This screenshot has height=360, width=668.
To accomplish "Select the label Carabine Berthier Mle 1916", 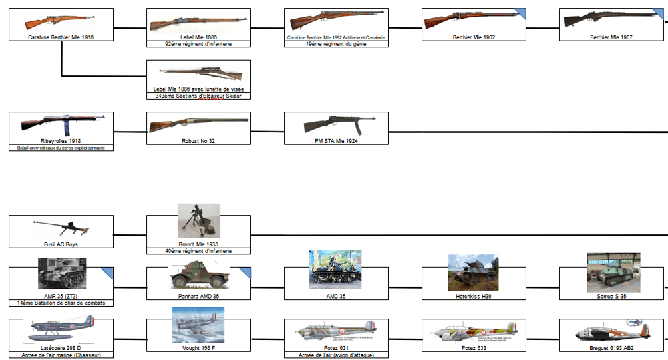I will pyautogui.click(x=61, y=38).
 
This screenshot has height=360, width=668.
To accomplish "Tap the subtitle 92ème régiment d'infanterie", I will pyautogui.click(x=198, y=44).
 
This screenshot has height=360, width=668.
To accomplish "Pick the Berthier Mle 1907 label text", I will pyautogui.click(x=611, y=38).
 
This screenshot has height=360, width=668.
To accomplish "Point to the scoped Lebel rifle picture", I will pyautogui.click(x=198, y=74).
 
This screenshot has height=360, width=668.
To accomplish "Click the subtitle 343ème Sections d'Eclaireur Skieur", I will pyautogui.click(x=198, y=96).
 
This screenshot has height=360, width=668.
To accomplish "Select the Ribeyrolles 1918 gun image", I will pyautogui.click(x=61, y=125).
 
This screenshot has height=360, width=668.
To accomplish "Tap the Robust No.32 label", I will pyautogui.click(x=198, y=141).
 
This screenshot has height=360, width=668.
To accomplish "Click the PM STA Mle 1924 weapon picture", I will pyautogui.click(x=336, y=125).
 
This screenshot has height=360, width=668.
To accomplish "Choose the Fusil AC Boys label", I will pyautogui.click(x=61, y=244).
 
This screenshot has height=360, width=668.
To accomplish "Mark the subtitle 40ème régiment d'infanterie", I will pyautogui.click(x=198, y=251).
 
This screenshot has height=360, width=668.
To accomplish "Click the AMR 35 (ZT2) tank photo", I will pyautogui.click(x=61, y=273).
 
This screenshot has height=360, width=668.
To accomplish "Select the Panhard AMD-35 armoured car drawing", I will pyautogui.click(x=198, y=276).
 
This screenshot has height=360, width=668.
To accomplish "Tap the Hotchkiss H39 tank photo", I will pyautogui.click(x=473, y=272).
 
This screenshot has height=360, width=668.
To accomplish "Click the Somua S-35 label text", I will pyautogui.click(x=611, y=296).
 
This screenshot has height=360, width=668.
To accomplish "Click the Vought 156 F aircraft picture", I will pyautogui.click(x=198, y=325).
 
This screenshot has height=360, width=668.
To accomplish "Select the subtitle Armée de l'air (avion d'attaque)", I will pyautogui.click(x=336, y=355).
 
